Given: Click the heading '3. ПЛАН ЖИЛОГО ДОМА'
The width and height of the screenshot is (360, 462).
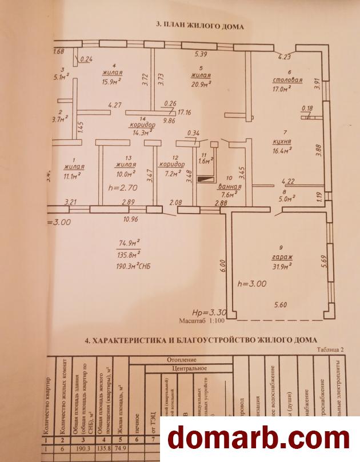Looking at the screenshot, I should pos(200,26).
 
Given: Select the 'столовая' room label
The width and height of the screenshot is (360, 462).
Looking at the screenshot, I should pos(287,81).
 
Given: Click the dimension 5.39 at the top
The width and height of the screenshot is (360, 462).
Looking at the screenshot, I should pos(201,54).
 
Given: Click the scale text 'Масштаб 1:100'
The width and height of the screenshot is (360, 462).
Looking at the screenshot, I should pos(202,322).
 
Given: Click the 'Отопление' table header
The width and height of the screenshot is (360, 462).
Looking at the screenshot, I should pos(182,360).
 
